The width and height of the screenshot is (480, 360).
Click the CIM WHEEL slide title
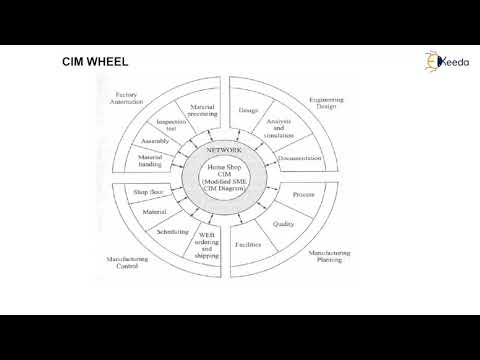[94, 63]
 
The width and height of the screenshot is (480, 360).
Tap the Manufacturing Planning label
[330, 257]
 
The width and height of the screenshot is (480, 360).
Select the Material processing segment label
[203, 110]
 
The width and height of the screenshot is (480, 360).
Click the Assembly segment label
[154, 142]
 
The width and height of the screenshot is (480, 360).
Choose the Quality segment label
[283, 224]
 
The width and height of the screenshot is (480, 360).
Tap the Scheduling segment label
[172, 231]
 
